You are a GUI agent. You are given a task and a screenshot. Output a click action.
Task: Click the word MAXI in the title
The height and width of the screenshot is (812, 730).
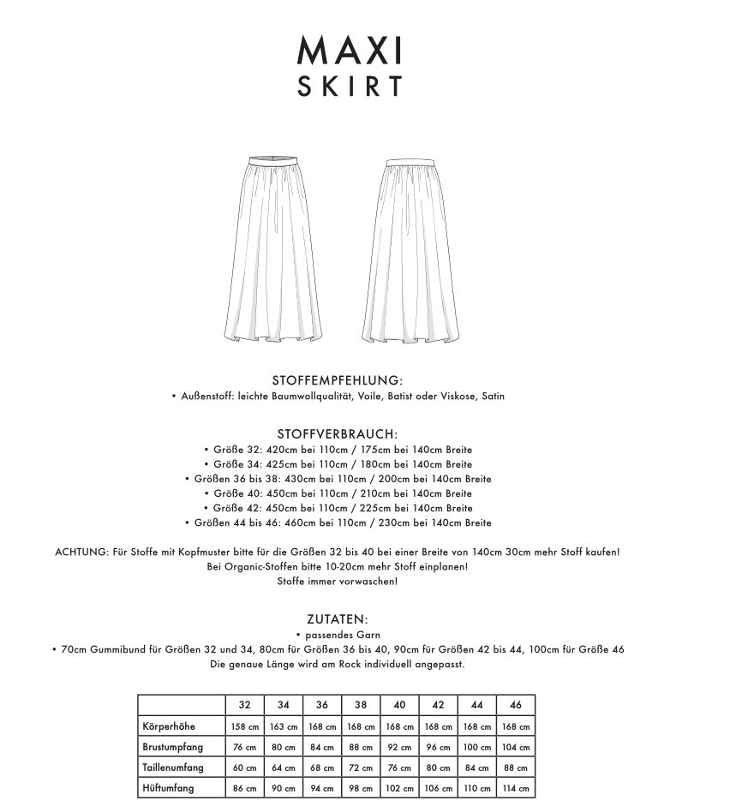pyautogui.click(x=350, y=52)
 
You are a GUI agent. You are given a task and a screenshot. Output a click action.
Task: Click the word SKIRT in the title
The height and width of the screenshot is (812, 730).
pyautogui.click(x=350, y=87)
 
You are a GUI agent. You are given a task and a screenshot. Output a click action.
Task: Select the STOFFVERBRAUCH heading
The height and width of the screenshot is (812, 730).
pyautogui.click(x=338, y=434)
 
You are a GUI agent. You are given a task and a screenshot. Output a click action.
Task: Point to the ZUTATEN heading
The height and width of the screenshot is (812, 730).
pyautogui.click(x=338, y=618)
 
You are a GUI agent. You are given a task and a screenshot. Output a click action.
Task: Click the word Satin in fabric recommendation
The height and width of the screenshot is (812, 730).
pyautogui.click(x=494, y=397)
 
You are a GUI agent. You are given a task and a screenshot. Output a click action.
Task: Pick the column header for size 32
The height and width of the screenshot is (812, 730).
pyautogui.click(x=244, y=705)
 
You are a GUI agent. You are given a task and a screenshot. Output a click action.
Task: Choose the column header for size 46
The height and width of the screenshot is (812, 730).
pyautogui.click(x=515, y=705)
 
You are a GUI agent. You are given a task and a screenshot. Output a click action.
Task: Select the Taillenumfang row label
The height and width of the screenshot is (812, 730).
pyautogui.click(x=175, y=767)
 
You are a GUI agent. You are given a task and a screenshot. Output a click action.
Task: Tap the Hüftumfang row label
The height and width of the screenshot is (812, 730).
pyautogui.click(x=169, y=788)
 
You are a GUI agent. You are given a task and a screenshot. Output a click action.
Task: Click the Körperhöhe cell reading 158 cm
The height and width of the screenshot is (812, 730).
pyautogui.click(x=244, y=726)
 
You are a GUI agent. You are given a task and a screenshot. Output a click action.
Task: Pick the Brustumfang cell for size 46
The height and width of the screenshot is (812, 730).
pyautogui.click(x=515, y=747)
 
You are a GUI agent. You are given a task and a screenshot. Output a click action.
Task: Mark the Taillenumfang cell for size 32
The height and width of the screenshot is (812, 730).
pyautogui.click(x=244, y=767)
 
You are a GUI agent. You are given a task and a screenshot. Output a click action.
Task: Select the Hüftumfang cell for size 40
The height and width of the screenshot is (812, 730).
pyautogui.click(x=399, y=788)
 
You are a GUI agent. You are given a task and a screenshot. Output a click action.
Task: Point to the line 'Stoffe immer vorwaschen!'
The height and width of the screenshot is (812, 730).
pyautogui.click(x=338, y=582)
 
